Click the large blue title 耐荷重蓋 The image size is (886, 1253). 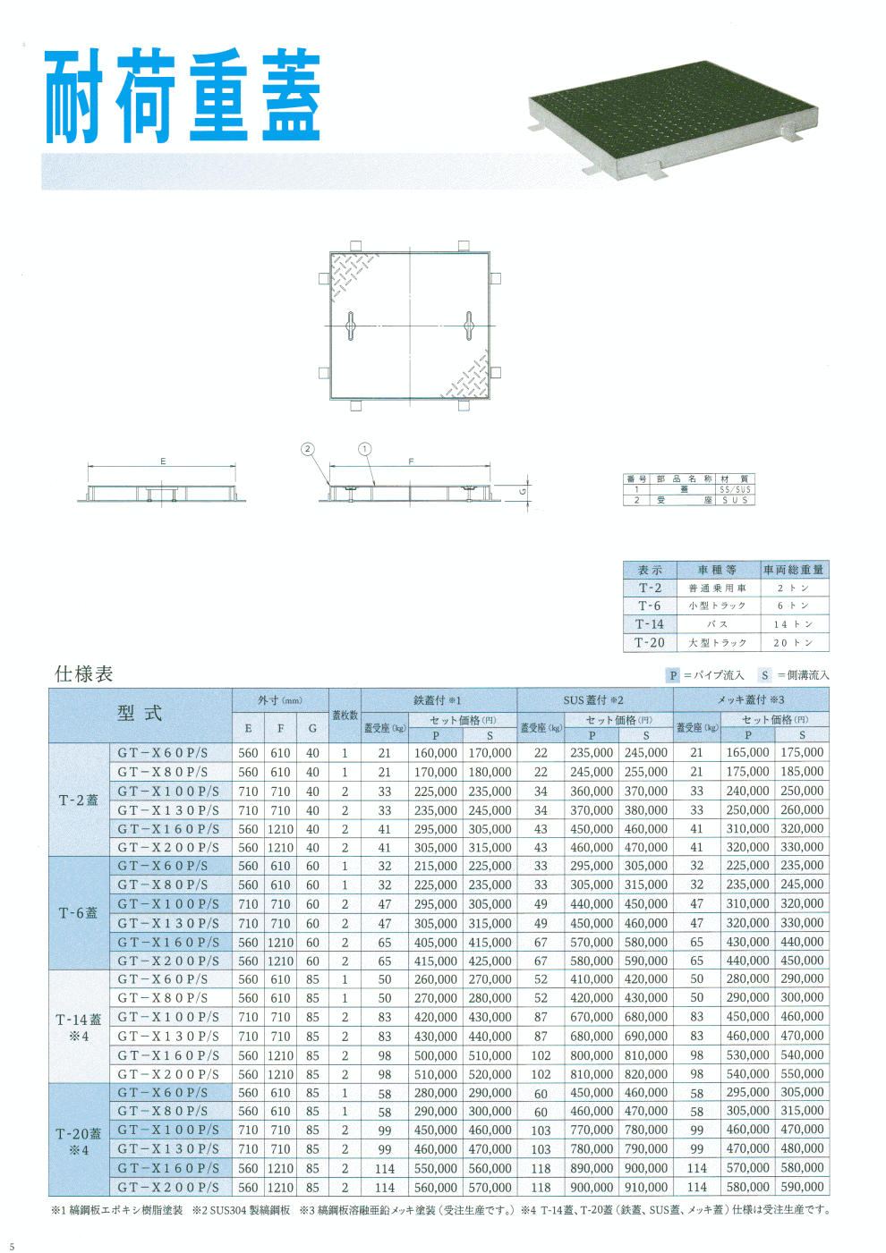pyautogui.click(x=183, y=97)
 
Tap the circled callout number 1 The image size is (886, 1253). pyautogui.click(x=364, y=449)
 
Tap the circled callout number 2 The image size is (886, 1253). pyautogui.click(x=308, y=449)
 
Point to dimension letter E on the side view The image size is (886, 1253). pyautogui.click(x=163, y=461)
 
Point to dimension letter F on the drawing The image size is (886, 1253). pyautogui.click(x=411, y=461)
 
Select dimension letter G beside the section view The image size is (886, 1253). pyautogui.click(x=524, y=492)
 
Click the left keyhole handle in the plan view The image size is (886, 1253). pyautogui.click(x=351, y=326)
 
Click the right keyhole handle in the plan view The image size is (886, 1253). pyautogui.click(x=468, y=326)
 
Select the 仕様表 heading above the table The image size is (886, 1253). pyautogui.click(x=84, y=674)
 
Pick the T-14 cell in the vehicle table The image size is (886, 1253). pyautogui.click(x=650, y=624)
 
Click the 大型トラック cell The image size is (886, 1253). pyautogui.click(x=717, y=643)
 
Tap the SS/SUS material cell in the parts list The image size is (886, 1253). pyautogui.click(x=736, y=490)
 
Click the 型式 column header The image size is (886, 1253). pyautogui.click(x=140, y=714)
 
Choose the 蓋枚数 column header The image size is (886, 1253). pyautogui.click(x=345, y=715)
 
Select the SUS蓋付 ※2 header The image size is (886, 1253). pyautogui.click(x=593, y=699)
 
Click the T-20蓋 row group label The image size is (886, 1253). pyautogui.click(x=79, y=1134)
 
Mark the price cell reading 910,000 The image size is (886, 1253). pyautogui.click(x=645, y=1187)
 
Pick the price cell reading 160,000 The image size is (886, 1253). pyautogui.click(x=435, y=753)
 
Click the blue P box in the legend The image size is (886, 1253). pyautogui.click(x=673, y=675)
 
